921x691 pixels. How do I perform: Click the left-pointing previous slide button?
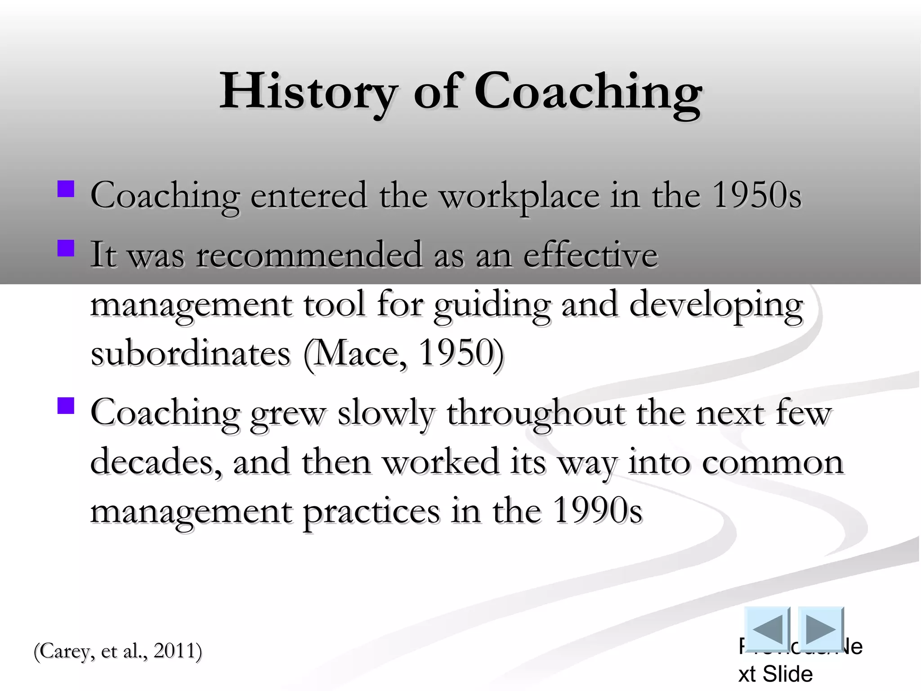[767, 629]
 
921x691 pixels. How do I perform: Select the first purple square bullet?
[66, 189]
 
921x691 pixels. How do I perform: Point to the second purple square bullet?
[66, 248]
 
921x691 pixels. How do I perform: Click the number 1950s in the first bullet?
[757, 195]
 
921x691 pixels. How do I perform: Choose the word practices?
[371, 512]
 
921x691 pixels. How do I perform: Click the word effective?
[590, 255]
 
